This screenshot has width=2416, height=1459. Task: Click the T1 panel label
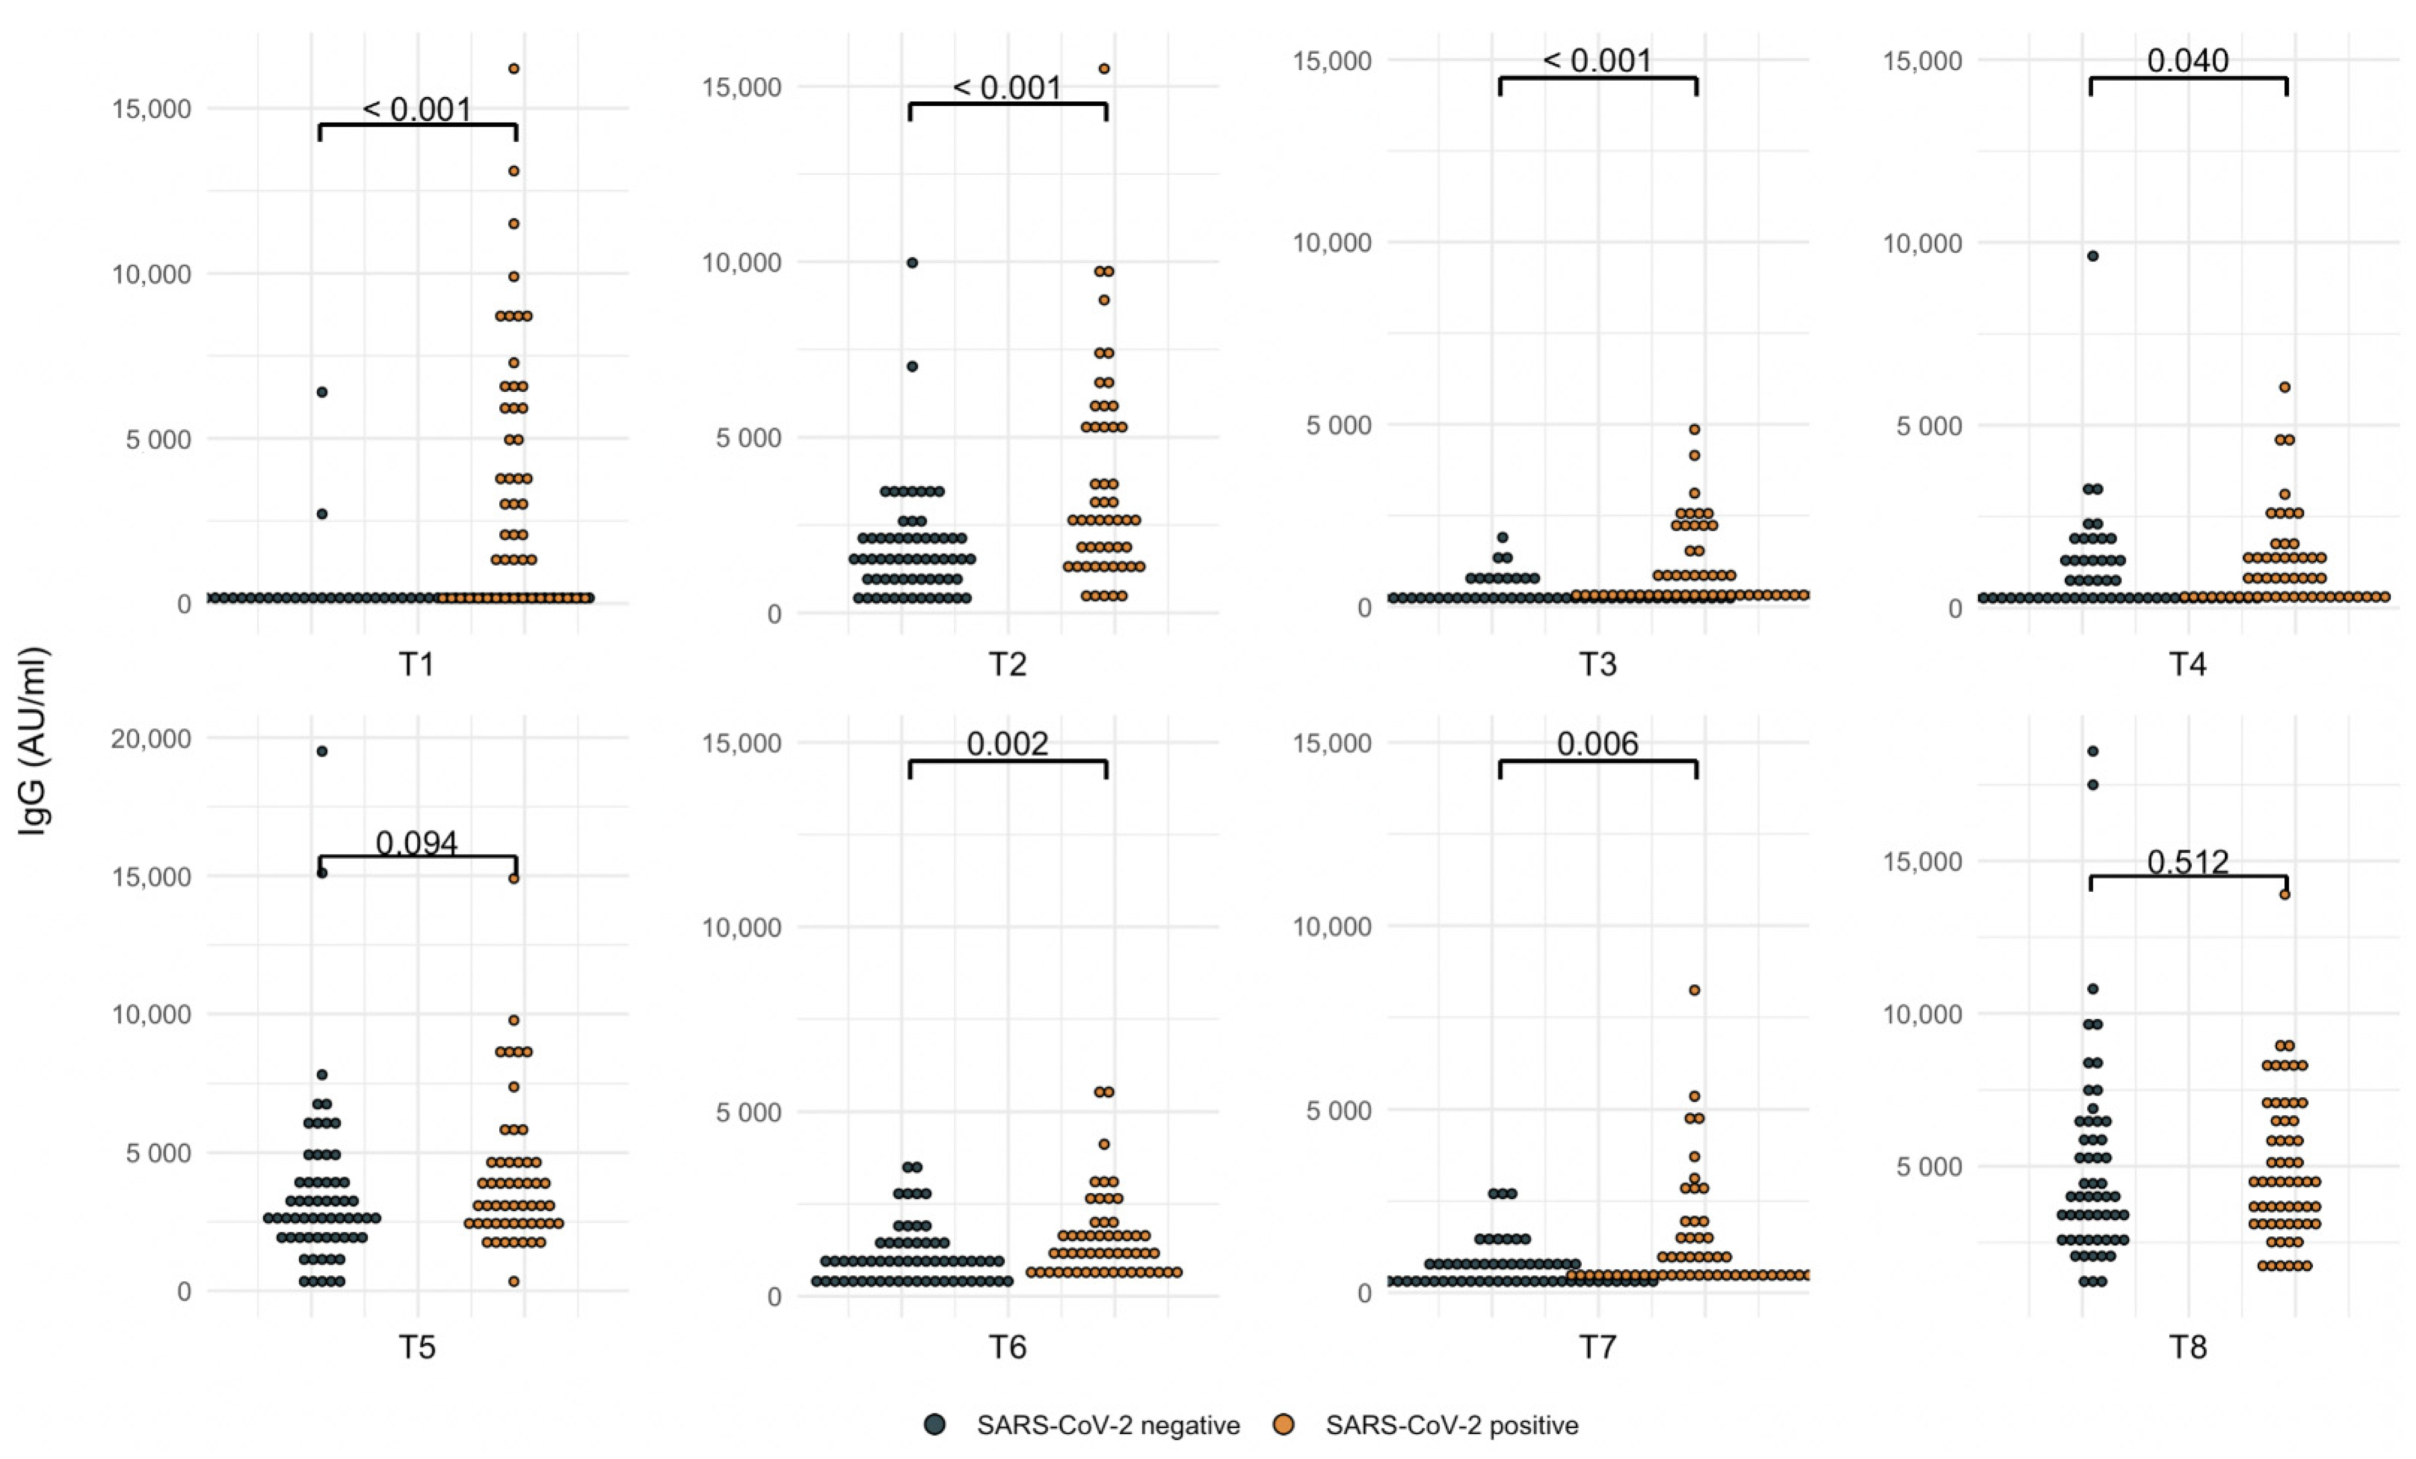pyautogui.click(x=417, y=665)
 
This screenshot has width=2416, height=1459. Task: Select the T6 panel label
pyautogui.click(x=1007, y=1347)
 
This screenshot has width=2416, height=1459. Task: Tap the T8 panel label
pyautogui.click(x=2187, y=1347)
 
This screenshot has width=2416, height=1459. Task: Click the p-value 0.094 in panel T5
pyautogui.click(x=417, y=842)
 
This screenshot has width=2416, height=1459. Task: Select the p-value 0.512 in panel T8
pyautogui.click(x=2187, y=862)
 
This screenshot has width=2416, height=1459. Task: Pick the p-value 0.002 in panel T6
pyautogui.click(x=1007, y=743)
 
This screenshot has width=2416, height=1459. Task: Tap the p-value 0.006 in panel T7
pyautogui.click(x=1597, y=743)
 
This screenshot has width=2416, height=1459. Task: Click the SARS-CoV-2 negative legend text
pyautogui.click(x=1108, y=1424)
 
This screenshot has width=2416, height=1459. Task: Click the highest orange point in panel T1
pyautogui.click(x=513, y=69)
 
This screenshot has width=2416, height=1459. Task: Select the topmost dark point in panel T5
pyautogui.click(x=322, y=751)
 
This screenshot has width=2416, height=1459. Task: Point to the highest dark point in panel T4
pyautogui.click(x=2093, y=256)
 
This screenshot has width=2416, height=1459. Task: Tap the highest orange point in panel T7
pyautogui.click(x=1694, y=990)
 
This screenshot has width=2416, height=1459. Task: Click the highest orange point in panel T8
pyautogui.click(x=2284, y=894)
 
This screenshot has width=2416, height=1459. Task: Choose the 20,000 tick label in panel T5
pyautogui.click(x=151, y=738)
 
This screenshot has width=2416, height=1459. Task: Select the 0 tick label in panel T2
pyautogui.click(x=774, y=614)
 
